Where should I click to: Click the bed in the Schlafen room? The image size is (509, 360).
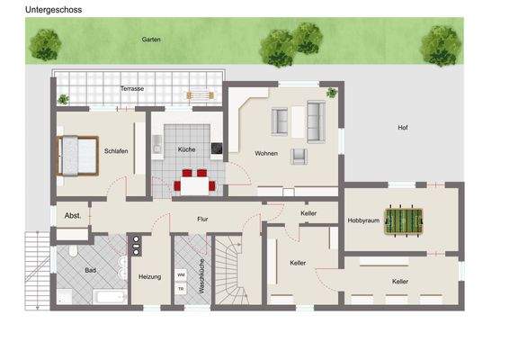pyautogui.click(x=77, y=154)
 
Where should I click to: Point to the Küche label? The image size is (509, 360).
pyautogui.click(x=186, y=150)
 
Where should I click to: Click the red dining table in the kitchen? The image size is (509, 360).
pyautogui.click(x=194, y=185)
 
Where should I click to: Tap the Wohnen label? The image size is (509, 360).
pyautogui.click(x=266, y=153)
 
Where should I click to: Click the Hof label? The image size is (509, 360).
pyautogui.click(x=403, y=127)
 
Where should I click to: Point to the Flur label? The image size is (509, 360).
pyautogui.click(x=203, y=219)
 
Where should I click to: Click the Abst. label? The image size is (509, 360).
pyautogui.click(x=73, y=216)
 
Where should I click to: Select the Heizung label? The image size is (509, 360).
pyautogui.click(x=150, y=277)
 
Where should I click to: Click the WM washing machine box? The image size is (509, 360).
pyautogui.click(x=181, y=274)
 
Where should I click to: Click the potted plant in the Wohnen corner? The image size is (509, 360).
pyautogui.click(x=332, y=92)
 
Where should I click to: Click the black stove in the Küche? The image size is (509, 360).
pyautogui.click(x=216, y=149)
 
